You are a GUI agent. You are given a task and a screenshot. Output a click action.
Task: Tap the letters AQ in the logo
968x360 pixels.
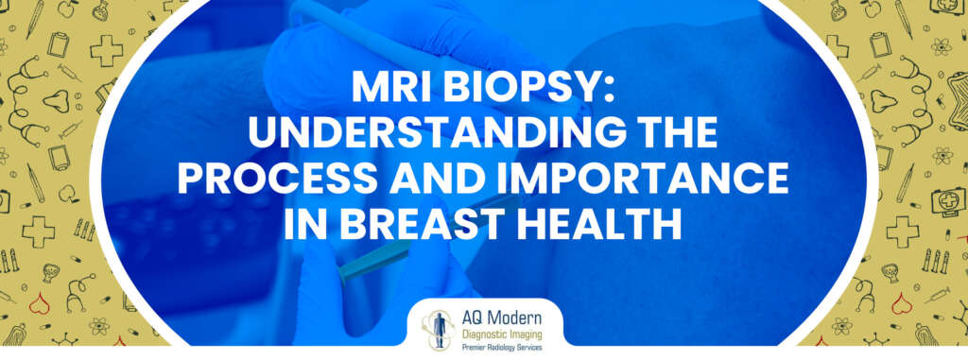point(470,315)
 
